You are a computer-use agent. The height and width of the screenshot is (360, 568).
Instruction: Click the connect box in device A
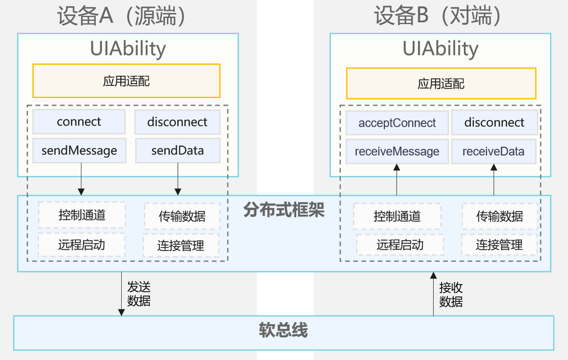79,122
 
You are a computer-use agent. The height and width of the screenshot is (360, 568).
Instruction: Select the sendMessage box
79,151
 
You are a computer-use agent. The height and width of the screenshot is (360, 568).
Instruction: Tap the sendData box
177,151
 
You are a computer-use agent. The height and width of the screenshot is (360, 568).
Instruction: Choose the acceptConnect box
397,123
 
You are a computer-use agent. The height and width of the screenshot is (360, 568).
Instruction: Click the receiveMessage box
397,152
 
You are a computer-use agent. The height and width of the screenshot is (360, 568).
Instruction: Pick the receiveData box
494,152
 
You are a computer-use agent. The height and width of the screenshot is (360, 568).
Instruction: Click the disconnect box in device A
177,122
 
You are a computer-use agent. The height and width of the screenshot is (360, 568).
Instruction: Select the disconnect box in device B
494,123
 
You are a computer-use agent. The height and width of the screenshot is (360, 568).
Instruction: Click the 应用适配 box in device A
126,81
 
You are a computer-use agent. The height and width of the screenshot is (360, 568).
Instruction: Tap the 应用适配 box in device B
441,84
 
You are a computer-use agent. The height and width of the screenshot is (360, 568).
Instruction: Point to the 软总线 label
284,330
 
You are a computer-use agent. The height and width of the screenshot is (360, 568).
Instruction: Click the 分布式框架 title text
284,210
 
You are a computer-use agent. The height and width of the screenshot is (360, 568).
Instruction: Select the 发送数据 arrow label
139,294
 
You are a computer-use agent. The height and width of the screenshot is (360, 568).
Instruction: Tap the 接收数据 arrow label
451,294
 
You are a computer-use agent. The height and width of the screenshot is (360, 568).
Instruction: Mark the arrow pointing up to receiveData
494,180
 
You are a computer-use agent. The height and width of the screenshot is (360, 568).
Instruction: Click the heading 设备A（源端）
121,16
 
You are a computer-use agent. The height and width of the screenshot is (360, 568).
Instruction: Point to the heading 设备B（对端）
438,16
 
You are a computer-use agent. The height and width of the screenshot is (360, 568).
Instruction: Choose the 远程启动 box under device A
81,245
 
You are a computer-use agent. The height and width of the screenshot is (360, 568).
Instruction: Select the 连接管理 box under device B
499,245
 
